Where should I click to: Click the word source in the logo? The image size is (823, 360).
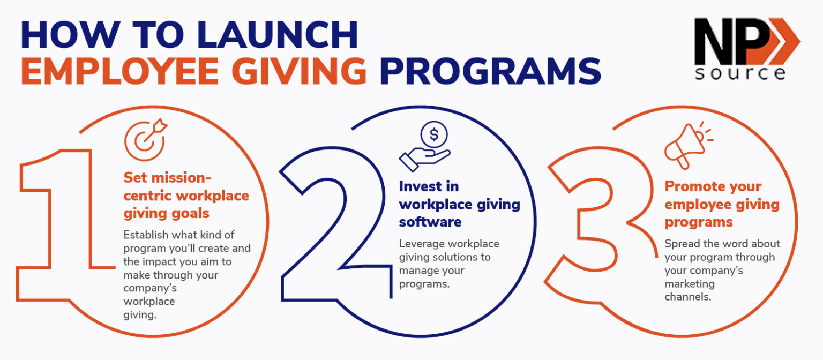tap(740, 73)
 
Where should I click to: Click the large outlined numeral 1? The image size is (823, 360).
tap(59, 225)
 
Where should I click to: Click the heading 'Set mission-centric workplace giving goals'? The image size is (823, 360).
tap(185, 196)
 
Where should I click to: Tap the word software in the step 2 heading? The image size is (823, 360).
tap(430, 222)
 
